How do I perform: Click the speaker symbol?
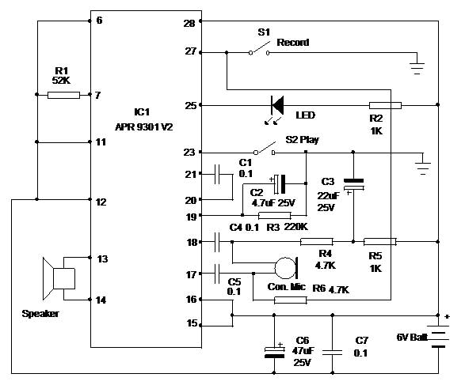[x=59, y=278]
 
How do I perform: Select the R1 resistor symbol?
[x=63, y=95]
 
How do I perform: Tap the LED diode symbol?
[x=277, y=105]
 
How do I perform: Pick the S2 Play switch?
[x=265, y=149]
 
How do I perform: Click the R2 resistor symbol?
[x=385, y=105]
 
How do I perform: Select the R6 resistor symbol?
[x=291, y=300]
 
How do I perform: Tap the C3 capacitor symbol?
[x=353, y=184]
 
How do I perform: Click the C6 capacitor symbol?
[x=274, y=352]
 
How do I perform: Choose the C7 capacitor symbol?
[x=332, y=353]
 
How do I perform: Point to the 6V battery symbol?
[x=438, y=336]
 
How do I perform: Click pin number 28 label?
[x=189, y=24]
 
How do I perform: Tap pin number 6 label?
[x=99, y=20]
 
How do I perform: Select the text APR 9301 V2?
[x=144, y=127]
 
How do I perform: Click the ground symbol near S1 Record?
[x=417, y=68]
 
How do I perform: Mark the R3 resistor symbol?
[x=275, y=216]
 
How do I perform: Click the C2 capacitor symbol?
[x=280, y=183]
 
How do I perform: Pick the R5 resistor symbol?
[x=380, y=242]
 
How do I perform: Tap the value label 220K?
[x=296, y=227]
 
